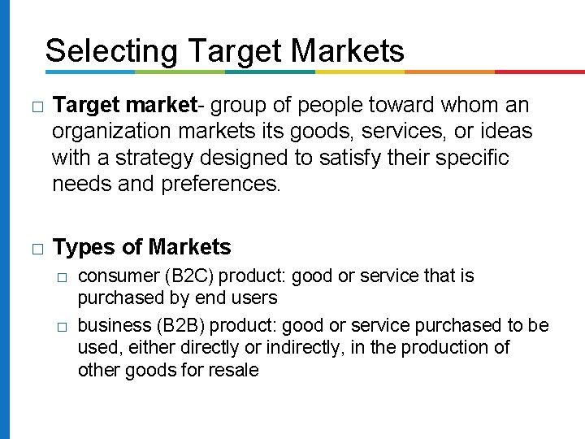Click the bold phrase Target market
[x=124, y=106]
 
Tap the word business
[x=110, y=326]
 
